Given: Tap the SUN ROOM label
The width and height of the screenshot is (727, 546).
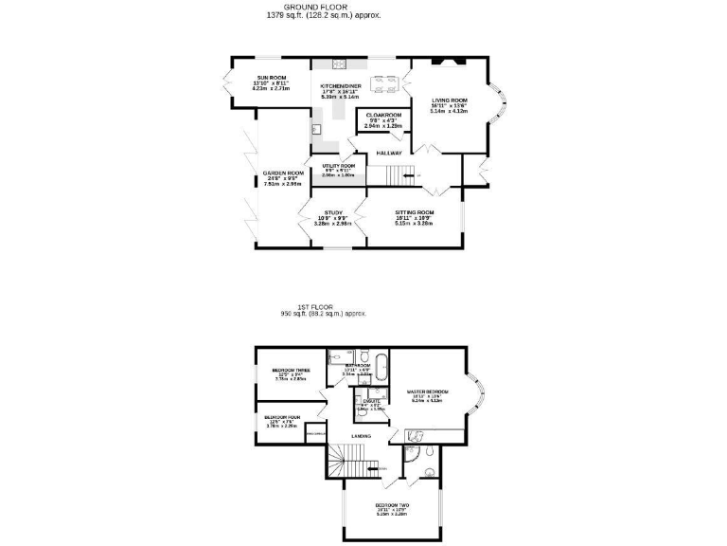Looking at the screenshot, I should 271,78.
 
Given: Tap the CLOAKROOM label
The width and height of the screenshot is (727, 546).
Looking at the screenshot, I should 383,116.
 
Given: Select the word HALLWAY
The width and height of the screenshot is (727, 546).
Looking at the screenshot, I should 389,153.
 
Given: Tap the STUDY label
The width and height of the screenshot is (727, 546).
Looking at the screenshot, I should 332,212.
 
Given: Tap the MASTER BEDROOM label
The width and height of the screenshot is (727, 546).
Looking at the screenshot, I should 427,391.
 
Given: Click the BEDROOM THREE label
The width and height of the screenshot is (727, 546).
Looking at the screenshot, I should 291,371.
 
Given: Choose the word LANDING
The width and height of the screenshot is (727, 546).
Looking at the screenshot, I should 361,436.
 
